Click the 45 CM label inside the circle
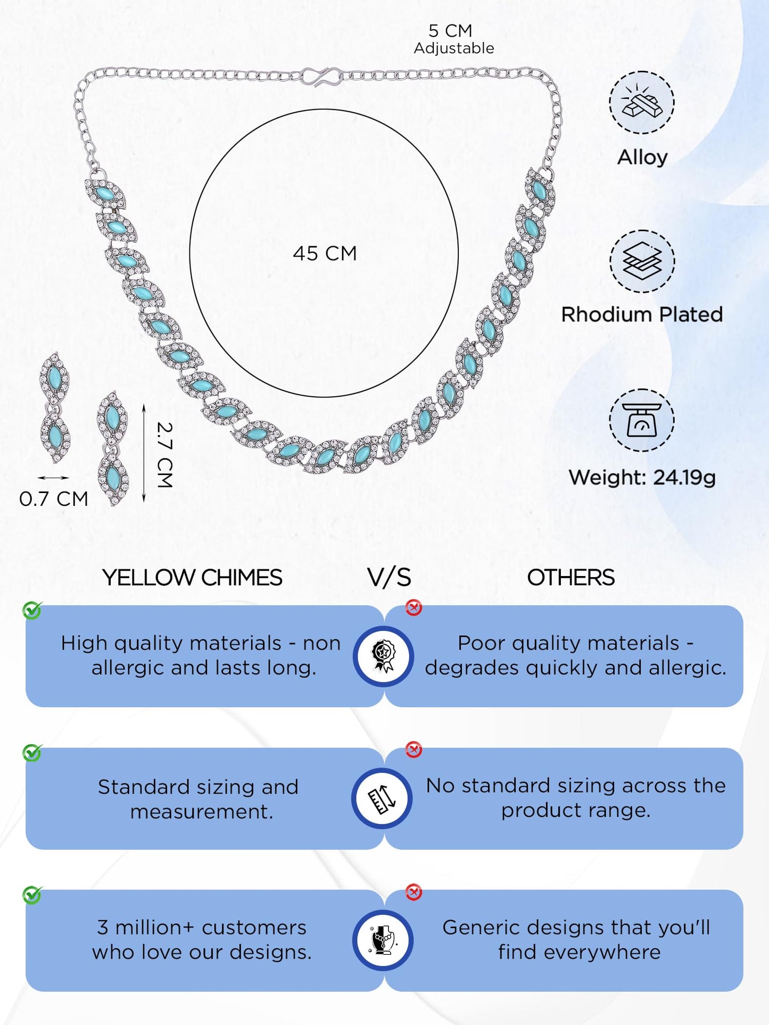click(x=325, y=254)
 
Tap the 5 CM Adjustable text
click(x=453, y=39)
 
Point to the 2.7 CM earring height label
click(x=164, y=455)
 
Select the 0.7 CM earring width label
click(x=54, y=499)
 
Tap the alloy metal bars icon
click(x=642, y=102)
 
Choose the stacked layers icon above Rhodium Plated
click(x=642, y=261)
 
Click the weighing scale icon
click(x=642, y=420)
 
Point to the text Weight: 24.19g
click(x=642, y=478)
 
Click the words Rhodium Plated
click(x=642, y=314)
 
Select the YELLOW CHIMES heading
click(x=192, y=578)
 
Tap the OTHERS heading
click(x=570, y=578)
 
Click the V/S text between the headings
click(x=389, y=578)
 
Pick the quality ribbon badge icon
click(x=383, y=656)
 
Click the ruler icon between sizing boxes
click(x=382, y=798)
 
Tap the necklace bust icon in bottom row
click(x=383, y=940)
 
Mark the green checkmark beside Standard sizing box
click(x=32, y=753)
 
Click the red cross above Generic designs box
click(x=414, y=892)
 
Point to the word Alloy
click(x=642, y=157)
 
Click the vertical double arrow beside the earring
click(x=144, y=453)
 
